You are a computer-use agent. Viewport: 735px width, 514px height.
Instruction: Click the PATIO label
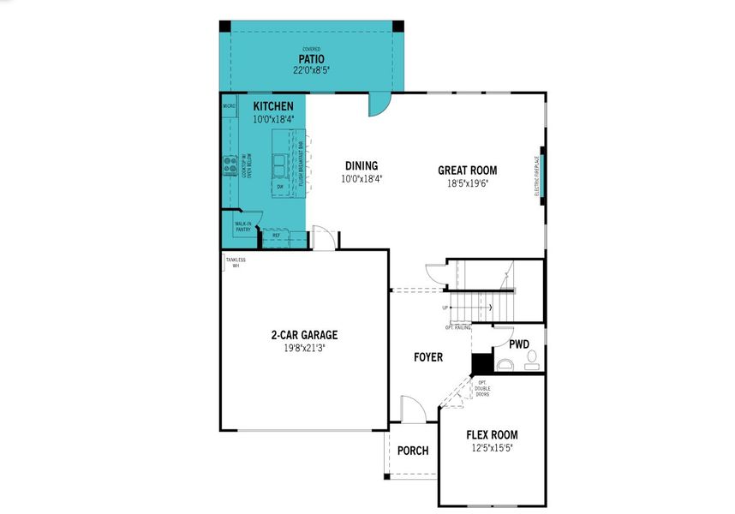click(311, 59)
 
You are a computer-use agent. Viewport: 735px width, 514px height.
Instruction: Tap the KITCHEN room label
click(273, 106)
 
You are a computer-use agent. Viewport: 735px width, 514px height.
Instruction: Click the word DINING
click(361, 166)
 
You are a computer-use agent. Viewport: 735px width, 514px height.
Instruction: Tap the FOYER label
click(428, 357)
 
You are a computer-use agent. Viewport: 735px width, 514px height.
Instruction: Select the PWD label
click(519, 344)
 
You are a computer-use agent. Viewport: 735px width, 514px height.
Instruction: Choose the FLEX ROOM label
click(492, 435)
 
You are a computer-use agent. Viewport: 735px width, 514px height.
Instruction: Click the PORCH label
click(414, 451)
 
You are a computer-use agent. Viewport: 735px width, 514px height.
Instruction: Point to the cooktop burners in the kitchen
click(230, 164)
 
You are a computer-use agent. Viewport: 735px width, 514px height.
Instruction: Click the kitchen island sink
click(280, 160)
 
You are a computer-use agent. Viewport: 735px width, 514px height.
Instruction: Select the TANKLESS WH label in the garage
click(236, 263)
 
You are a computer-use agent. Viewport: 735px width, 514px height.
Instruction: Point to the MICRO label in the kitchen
click(229, 106)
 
